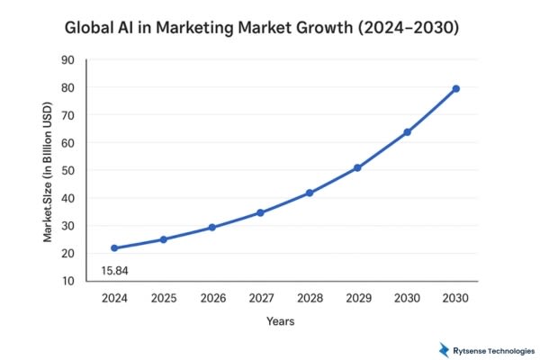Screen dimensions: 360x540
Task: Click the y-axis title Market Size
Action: tap(48, 171)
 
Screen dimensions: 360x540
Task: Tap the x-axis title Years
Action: tap(280, 320)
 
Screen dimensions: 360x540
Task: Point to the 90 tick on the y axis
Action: tap(67, 60)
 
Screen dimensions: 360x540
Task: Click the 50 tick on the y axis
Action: tap(67, 171)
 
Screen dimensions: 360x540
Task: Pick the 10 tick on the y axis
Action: tap(67, 282)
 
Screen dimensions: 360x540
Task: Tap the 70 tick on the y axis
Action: tap(67, 115)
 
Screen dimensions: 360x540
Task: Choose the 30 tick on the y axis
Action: tap(67, 226)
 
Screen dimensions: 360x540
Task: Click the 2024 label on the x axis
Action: tap(114, 296)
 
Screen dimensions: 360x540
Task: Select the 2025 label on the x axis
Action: tap(163, 296)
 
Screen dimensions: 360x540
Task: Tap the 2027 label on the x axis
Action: tap(260, 296)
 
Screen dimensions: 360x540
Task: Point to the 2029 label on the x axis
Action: tap(358, 296)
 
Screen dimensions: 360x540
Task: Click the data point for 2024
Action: tap(114, 247)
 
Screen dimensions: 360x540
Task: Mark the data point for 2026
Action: tap(211, 227)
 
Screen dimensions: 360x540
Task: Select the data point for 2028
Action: tap(310, 193)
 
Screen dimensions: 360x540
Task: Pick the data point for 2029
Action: tap(358, 167)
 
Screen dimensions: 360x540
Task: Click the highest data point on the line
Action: tap(455, 88)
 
